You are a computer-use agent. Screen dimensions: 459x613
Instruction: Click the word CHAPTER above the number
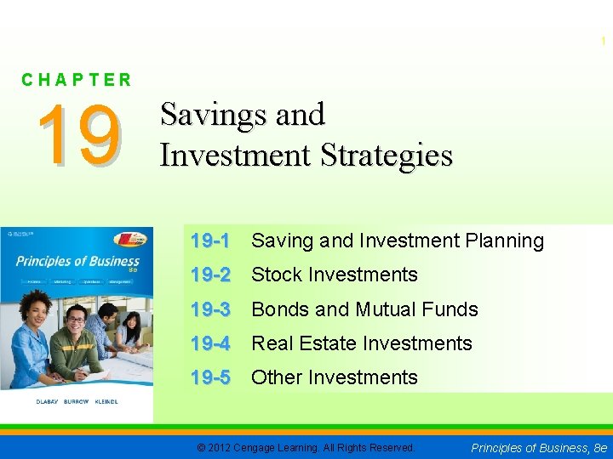[x=77, y=80]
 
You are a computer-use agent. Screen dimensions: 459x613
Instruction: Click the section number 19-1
[x=210, y=241]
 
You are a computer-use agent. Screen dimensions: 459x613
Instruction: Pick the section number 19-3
[x=210, y=309]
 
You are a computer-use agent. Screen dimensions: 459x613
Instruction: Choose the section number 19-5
[x=210, y=377]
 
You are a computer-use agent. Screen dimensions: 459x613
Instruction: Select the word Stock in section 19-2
[x=276, y=275]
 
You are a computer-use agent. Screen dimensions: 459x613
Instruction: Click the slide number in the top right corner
[x=604, y=41]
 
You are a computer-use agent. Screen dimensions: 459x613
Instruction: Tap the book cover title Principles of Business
[x=77, y=262]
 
